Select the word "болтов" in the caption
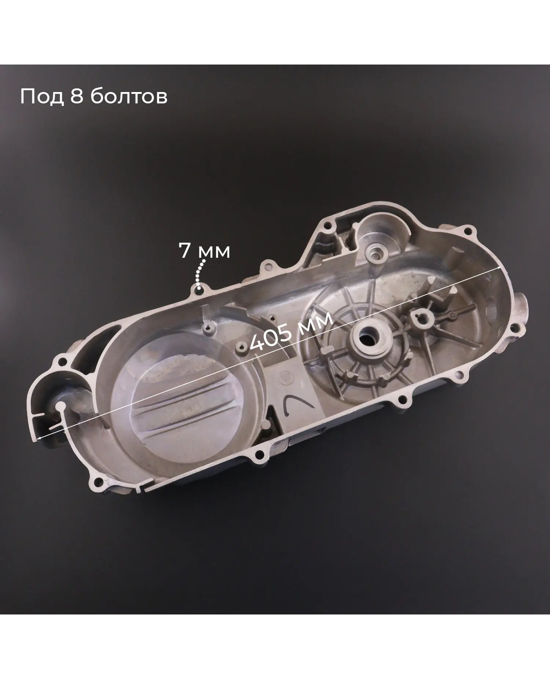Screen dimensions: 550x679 (x=128, y=97)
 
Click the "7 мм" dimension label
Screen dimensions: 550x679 (x=204, y=251)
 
